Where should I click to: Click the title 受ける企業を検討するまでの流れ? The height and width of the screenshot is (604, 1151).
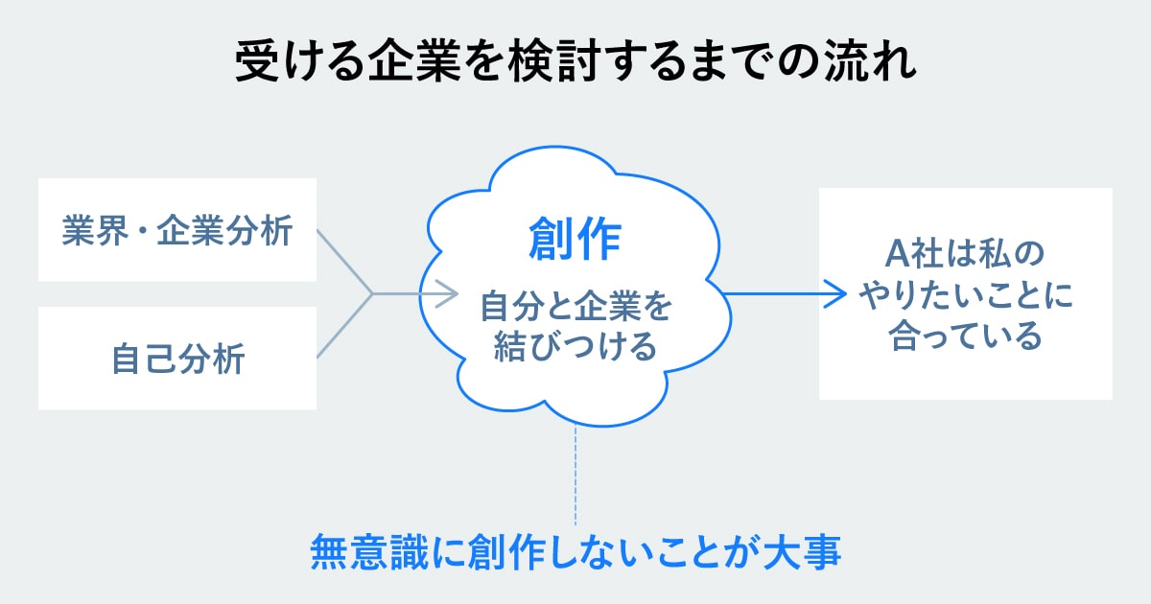[x=575, y=63]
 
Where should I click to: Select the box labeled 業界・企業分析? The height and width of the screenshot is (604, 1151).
[x=177, y=230]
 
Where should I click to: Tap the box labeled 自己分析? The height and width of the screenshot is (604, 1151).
[x=177, y=359]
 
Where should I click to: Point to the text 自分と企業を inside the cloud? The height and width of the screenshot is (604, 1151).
[x=575, y=308]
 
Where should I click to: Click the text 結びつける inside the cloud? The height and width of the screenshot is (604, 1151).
[x=575, y=345]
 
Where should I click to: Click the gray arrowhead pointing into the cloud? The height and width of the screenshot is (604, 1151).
[x=449, y=293]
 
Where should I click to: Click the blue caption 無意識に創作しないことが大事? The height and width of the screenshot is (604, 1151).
[x=575, y=553]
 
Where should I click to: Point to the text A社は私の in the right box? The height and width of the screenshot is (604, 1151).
[x=965, y=256]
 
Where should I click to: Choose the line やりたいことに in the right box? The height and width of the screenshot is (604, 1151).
[x=965, y=296]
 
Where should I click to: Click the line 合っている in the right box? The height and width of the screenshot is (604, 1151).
[x=965, y=337]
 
